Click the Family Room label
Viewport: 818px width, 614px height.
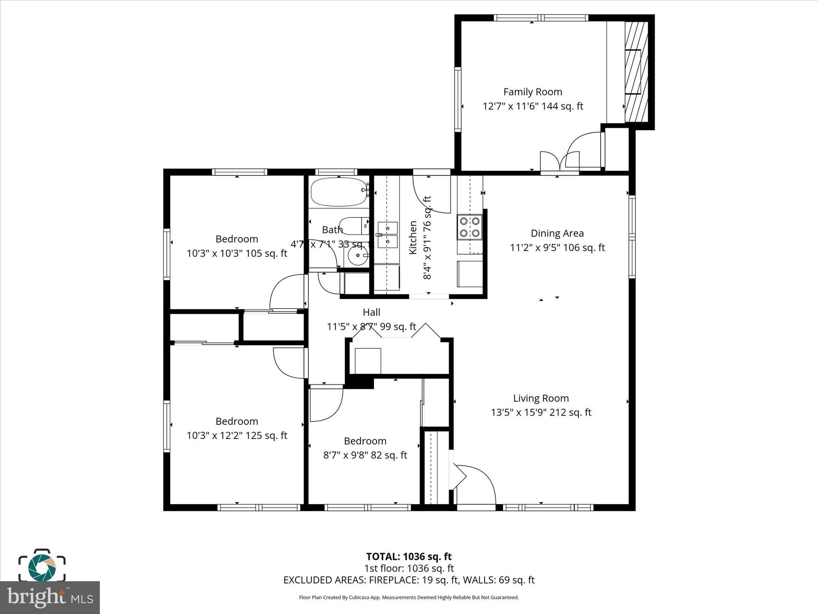532,92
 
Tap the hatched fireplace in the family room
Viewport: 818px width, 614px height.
636,72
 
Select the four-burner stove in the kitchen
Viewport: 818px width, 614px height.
470,227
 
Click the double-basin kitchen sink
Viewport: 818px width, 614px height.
387,235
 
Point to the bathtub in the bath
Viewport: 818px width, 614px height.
339,192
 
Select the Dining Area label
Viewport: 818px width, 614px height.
557,233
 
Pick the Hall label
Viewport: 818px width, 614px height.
371,312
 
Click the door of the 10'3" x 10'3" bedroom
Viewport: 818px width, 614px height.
287,291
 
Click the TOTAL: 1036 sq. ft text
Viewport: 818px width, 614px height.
409,556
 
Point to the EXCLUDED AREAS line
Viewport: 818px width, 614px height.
409,580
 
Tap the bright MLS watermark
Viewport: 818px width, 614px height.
50,598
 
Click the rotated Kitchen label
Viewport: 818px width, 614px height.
413,237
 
